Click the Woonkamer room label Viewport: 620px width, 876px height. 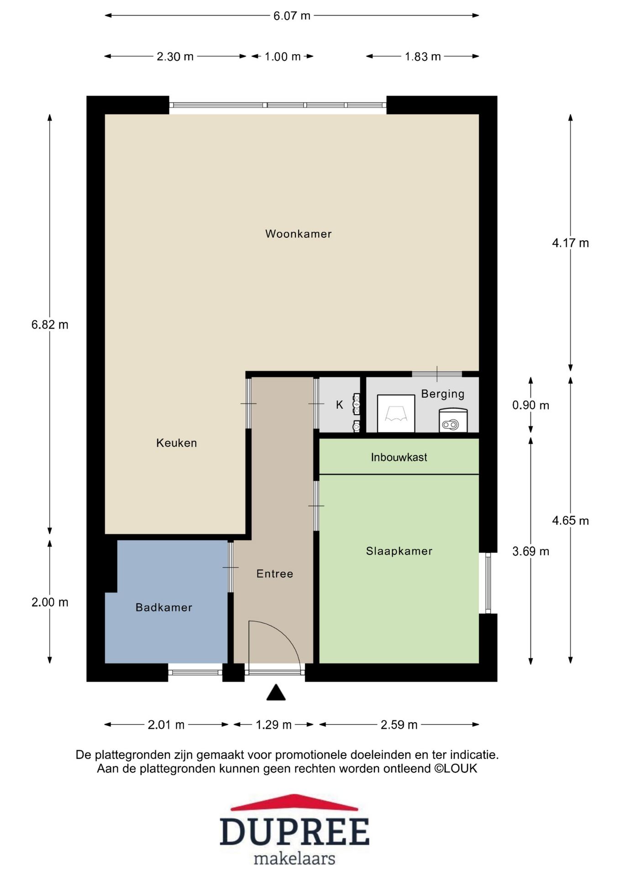(x=298, y=234)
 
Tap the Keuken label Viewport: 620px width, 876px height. (x=177, y=443)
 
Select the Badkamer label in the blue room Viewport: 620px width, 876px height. (x=164, y=607)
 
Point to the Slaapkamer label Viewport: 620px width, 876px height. (x=399, y=551)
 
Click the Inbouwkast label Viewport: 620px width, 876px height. (x=399, y=457)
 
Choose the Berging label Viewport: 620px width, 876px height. (x=442, y=394)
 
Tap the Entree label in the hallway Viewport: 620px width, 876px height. (x=275, y=574)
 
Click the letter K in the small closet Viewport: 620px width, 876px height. (x=339, y=405)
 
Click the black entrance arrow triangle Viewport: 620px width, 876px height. (x=276, y=692)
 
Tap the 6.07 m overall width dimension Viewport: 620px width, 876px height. (x=292, y=16)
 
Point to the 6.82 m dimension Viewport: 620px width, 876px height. (x=50, y=324)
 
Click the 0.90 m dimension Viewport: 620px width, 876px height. (x=531, y=405)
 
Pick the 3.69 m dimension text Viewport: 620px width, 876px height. (x=531, y=551)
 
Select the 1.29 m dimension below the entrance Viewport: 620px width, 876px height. (x=273, y=725)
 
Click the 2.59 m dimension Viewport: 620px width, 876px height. (x=399, y=725)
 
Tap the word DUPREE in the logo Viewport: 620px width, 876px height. (x=294, y=832)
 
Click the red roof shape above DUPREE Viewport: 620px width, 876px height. (x=294, y=803)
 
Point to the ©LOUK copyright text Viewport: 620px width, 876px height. (x=455, y=768)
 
